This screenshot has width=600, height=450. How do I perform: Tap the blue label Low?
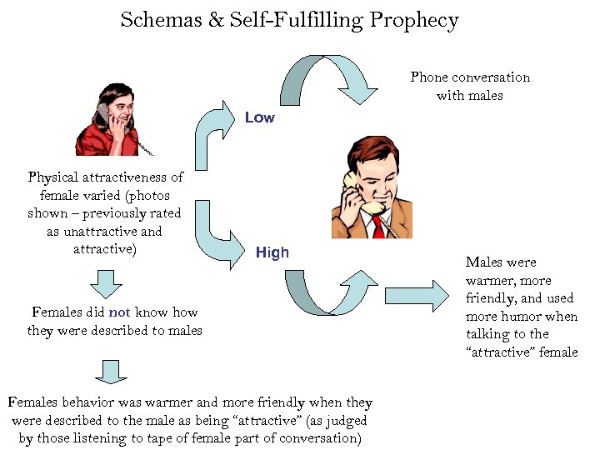coord(259,118)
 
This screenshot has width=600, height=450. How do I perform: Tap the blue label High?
coord(272,252)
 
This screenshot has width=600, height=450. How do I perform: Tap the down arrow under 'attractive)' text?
coord(106,283)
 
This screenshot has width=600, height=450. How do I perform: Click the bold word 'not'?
coord(119,312)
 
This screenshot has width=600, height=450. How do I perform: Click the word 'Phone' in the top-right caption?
coord(430,77)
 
